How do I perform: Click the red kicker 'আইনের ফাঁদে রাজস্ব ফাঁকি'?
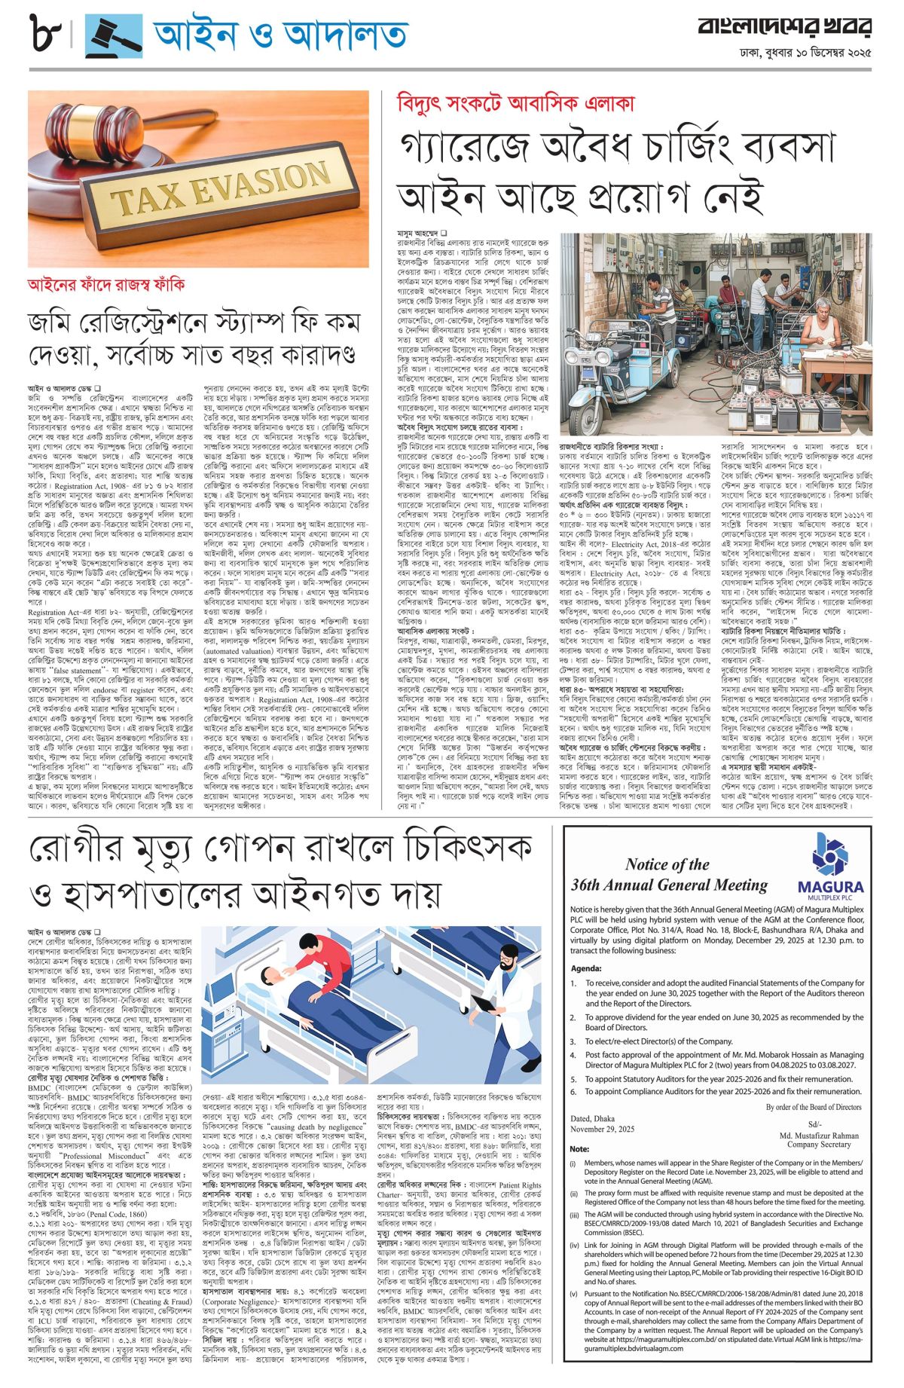[x=106, y=286]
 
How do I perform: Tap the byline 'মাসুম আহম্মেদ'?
[x=419, y=234]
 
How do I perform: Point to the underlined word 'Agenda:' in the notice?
[x=586, y=968]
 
